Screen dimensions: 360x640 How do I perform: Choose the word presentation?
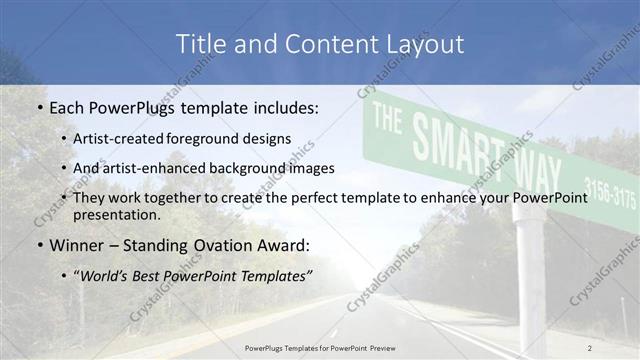coord(117,215)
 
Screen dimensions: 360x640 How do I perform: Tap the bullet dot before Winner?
coord(38,245)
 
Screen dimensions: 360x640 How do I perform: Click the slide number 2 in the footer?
coord(590,347)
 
